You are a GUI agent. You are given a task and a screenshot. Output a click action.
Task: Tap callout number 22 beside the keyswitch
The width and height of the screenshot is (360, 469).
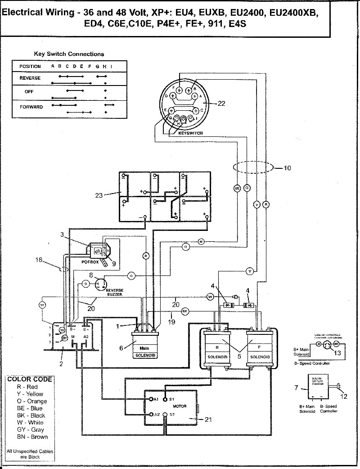[221, 104]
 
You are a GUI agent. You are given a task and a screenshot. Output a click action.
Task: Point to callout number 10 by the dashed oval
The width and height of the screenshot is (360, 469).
[288, 168]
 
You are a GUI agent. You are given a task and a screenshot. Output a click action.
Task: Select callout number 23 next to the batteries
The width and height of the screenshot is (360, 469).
[99, 195]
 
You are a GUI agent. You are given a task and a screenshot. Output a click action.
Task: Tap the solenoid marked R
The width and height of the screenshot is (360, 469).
[218, 347]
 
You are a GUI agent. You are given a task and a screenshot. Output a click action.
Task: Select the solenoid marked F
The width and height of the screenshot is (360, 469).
[260, 347]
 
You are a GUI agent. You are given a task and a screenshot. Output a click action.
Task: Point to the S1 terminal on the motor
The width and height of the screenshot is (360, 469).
[166, 399]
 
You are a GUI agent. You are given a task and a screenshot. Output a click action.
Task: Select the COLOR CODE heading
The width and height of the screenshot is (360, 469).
[29, 379]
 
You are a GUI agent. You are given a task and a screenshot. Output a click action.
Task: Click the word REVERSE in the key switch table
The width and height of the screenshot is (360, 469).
[30, 78]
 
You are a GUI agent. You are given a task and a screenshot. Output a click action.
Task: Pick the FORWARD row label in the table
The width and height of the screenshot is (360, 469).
[31, 107]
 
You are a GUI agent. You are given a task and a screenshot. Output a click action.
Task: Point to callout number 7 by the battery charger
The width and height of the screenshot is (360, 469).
[296, 387]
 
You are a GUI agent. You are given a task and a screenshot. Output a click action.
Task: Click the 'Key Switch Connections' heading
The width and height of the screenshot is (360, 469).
[69, 54]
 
